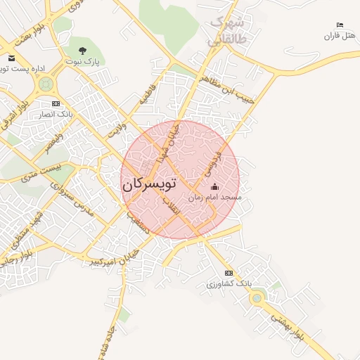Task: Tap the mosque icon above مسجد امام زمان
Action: [215, 186]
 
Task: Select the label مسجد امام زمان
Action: [215, 198]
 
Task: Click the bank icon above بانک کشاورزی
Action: [229, 273]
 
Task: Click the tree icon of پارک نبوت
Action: [83, 51]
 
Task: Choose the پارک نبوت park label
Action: [83, 62]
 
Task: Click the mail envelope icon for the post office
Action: [12, 58]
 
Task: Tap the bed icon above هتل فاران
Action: [340, 25]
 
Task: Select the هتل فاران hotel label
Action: [340, 36]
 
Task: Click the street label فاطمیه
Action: [146, 94]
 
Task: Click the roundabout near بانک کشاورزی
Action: [257, 298]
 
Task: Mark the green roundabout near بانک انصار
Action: [46, 85]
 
